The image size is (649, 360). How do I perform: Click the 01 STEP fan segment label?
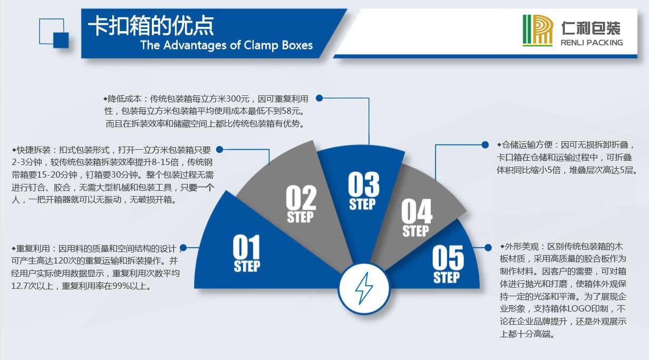[x=247, y=253]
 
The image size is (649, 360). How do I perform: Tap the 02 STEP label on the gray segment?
[x=301, y=203]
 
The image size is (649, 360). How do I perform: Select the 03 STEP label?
[x=363, y=191]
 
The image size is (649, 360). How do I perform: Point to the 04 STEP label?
[x=416, y=218]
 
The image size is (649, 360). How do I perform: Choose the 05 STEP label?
[x=448, y=264]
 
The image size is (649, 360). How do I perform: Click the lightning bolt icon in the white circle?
[x=364, y=288]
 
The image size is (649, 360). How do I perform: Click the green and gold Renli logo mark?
[x=538, y=30]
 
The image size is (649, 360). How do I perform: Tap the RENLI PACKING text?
[x=592, y=43]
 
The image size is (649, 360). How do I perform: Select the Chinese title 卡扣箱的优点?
[x=151, y=25]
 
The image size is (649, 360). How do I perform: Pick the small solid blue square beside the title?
[x=61, y=40]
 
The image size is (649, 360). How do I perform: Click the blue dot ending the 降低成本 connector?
[x=319, y=98]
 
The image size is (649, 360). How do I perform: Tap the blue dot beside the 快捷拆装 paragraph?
[x=220, y=150]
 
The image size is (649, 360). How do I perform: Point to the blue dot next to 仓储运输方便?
[x=485, y=145]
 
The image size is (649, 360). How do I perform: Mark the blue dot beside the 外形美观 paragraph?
[x=488, y=247]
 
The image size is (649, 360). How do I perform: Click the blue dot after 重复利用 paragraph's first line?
[x=183, y=248]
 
